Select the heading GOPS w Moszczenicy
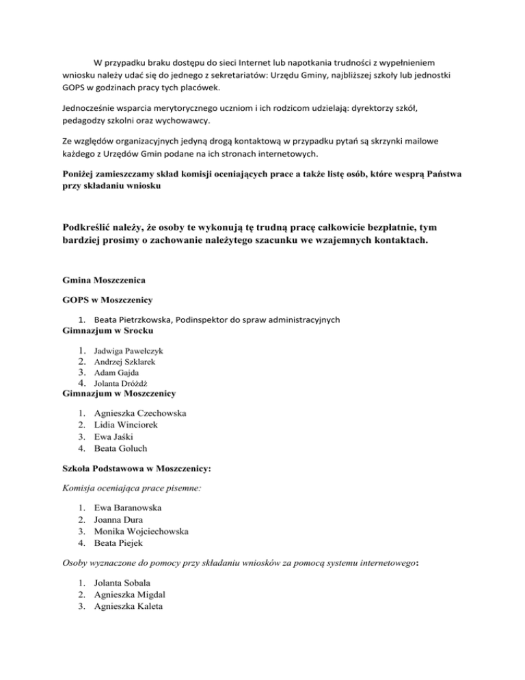pyautogui.click(x=109, y=300)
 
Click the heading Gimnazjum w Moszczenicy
pyautogui.click(x=119, y=394)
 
